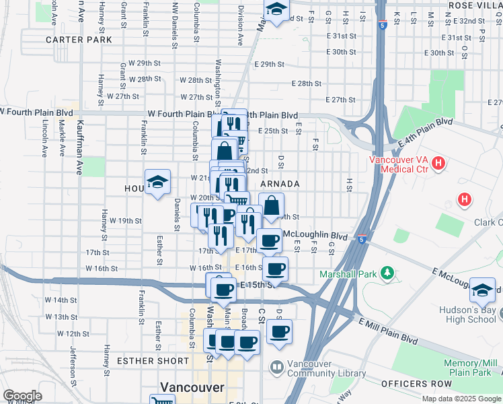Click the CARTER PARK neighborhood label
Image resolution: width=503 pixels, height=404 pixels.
pos(79,40)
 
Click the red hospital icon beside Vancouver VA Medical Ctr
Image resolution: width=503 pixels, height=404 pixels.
pos(438,162)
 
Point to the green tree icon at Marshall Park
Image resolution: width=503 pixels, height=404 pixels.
pos(387,273)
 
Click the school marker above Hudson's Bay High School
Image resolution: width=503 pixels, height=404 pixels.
pos(482,289)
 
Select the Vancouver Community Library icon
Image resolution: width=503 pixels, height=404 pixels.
pos(276,367)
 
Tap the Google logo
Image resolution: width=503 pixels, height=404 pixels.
pos(22,396)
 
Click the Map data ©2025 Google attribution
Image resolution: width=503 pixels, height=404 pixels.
pos(461,399)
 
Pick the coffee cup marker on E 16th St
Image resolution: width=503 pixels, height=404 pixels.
pos(275,269)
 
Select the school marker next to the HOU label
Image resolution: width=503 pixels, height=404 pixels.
pos(157,182)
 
